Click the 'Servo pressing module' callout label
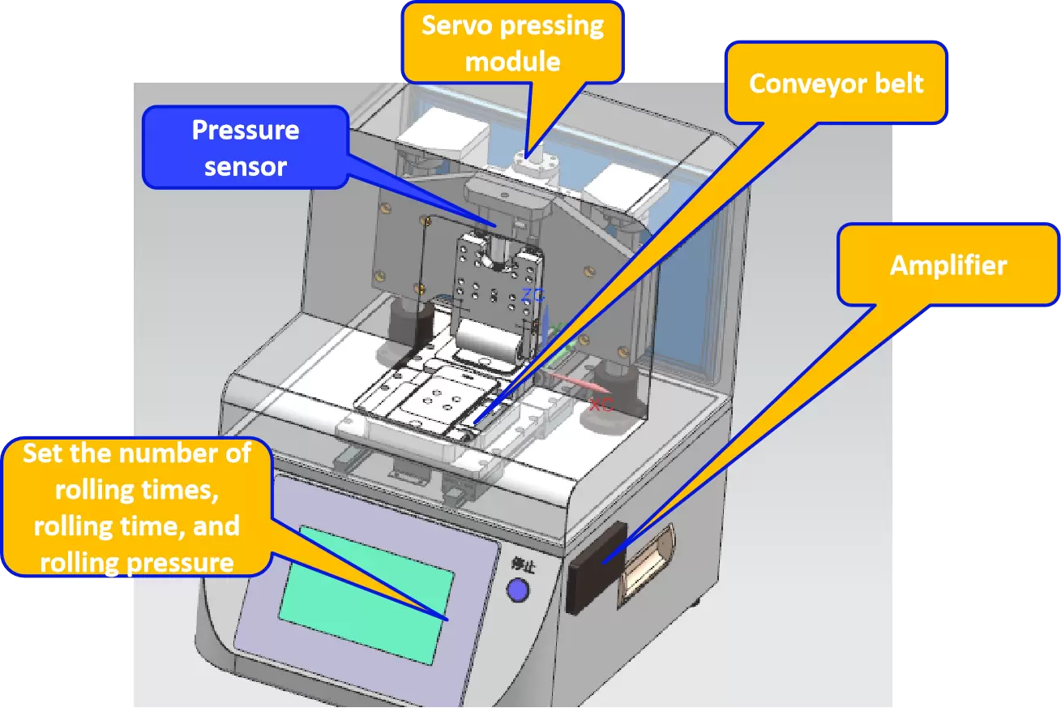513,42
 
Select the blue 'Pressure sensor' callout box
245,148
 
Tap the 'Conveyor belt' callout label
836,84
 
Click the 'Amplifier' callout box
948,265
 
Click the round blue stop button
517,590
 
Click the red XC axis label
601,404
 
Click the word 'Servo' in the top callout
458,26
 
